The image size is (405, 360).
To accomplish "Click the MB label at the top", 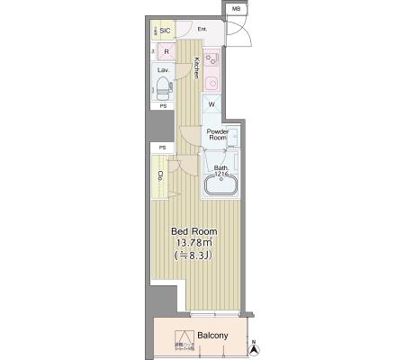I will [236, 9].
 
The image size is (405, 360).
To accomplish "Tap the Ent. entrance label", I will [202, 30].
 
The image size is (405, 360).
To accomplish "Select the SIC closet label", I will [165, 30].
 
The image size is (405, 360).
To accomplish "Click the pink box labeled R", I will [166, 51].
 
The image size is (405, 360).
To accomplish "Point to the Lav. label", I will [163, 69].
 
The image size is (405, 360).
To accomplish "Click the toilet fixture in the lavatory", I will [163, 88].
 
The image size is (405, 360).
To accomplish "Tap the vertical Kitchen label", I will [196, 68].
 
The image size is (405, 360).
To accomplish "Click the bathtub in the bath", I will [220, 186].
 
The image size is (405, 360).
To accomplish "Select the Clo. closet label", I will [160, 176].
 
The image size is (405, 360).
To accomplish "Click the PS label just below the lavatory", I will [163, 106].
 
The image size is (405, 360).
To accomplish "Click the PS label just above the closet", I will [162, 148].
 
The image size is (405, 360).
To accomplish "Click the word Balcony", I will [213, 336].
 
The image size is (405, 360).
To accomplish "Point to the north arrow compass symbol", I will [255, 344].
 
